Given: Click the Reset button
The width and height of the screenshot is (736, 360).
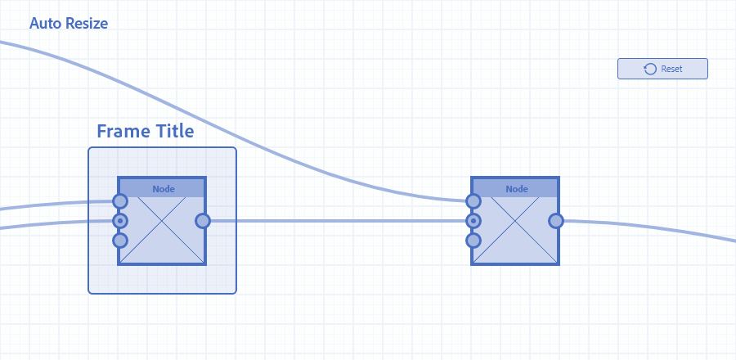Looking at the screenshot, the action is [662, 69].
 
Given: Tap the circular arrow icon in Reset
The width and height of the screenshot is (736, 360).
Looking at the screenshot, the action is [650, 69].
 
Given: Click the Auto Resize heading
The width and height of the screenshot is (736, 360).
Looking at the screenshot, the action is [69, 23].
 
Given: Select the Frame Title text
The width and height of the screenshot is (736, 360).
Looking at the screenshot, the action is [145, 131].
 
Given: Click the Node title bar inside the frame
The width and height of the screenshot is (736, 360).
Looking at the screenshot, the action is [162, 189].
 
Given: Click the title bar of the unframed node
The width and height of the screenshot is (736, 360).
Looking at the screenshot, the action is [515, 189].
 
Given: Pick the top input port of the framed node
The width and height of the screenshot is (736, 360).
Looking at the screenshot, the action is [120, 201].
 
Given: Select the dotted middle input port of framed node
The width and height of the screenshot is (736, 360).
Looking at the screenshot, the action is [120, 221].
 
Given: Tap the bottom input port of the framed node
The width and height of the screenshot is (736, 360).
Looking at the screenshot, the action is [120, 241].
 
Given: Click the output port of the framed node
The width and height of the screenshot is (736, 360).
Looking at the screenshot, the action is [203, 221].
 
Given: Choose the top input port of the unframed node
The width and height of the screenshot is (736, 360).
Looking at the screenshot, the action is [473, 201].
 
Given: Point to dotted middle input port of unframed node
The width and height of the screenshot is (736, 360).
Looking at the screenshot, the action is [473, 221].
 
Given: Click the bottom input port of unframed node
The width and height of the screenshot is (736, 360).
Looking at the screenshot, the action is [473, 241].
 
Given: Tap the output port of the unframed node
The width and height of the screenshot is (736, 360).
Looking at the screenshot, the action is [556, 221].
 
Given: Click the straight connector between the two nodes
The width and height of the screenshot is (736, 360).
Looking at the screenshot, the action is [338, 221].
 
